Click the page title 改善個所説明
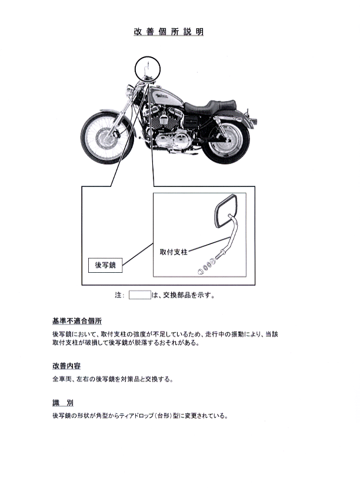[x=169, y=32]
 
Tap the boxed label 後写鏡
[x=105, y=265]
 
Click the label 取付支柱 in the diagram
[x=174, y=252]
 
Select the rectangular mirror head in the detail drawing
[x=226, y=210]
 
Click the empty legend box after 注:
[x=140, y=295]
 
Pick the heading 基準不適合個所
[x=77, y=321]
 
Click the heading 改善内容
[x=66, y=366]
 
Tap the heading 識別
[x=63, y=403]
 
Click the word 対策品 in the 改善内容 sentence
[x=131, y=379]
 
